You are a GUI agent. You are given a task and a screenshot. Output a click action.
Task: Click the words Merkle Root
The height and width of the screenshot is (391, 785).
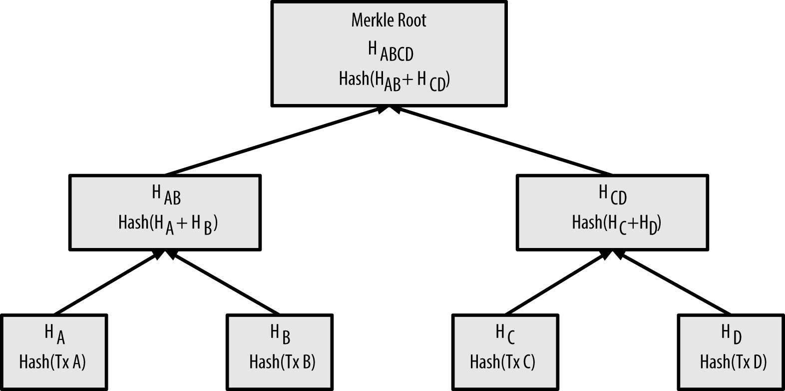pos(389,20)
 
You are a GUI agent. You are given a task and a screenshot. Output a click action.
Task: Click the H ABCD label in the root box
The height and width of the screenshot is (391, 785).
pos(391,51)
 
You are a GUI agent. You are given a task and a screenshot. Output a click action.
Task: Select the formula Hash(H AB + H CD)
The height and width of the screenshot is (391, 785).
pos(394,80)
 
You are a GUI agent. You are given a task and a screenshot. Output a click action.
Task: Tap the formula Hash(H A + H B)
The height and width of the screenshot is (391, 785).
pos(168,223)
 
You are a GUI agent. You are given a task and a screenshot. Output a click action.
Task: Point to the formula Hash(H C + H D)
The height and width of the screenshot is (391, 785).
pos(616,223)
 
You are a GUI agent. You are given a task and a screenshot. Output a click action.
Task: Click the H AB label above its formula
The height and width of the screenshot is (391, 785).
pos(166,195)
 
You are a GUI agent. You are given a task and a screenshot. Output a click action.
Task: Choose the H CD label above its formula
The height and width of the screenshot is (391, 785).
pos(612,194)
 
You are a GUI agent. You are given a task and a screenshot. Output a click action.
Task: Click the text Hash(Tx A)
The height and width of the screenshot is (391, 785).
pos(52,361)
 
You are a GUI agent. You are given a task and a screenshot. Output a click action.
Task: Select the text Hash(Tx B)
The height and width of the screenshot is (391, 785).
pos(282,361)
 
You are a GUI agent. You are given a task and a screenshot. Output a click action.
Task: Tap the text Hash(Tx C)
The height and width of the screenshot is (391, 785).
pos(502,361)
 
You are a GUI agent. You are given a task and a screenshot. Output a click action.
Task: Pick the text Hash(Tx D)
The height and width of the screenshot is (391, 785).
pos(733,361)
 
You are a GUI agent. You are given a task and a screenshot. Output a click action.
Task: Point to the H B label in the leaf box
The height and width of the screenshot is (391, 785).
pos(280,334)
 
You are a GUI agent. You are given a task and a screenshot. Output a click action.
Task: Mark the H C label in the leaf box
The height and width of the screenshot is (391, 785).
pos(505,333)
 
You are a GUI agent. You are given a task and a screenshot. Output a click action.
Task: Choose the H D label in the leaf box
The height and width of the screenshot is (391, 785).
pos(731,333)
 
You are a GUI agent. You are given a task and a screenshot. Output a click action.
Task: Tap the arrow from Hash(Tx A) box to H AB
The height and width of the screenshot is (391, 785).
pos(107,282)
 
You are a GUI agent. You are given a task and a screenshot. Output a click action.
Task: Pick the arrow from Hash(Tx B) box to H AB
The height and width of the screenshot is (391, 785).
pos(225,282)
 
